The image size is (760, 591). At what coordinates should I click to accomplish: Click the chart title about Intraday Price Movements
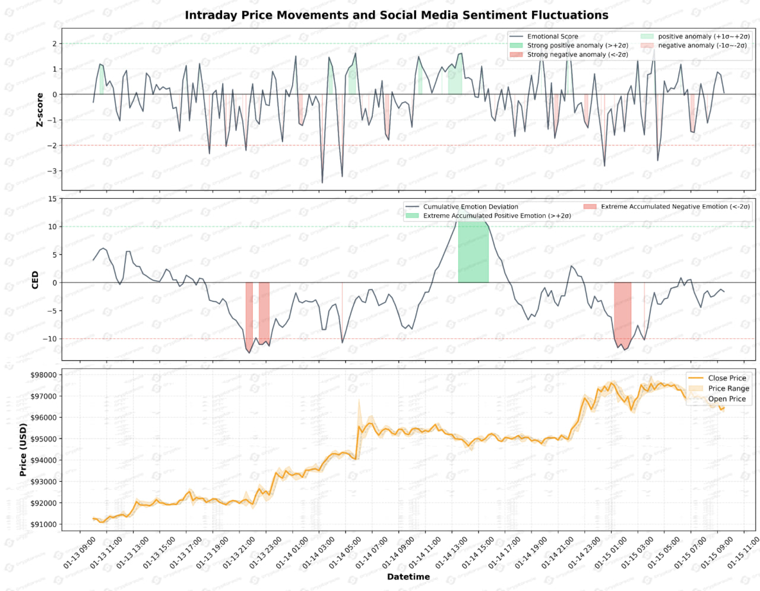point(396,15)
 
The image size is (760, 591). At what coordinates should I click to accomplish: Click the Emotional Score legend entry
point(552,37)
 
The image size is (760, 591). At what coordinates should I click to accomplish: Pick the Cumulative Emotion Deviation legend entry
point(470,207)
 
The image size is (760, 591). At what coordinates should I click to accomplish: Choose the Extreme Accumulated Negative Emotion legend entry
point(674,207)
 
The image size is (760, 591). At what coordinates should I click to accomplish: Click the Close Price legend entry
point(727,378)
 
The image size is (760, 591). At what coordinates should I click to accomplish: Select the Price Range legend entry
point(728,389)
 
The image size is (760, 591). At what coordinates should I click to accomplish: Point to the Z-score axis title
point(40,110)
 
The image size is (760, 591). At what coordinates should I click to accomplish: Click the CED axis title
point(35,280)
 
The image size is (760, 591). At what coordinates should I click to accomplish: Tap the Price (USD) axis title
point(23,450)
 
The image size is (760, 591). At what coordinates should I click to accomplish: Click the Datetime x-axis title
point(408,577)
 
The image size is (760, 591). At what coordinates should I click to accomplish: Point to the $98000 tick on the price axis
point(43,375)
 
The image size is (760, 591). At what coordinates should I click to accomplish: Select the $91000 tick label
point(43,525)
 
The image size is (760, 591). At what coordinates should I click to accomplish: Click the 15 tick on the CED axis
point(53,199)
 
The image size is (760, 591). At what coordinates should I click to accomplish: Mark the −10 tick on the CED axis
point(51,339)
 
